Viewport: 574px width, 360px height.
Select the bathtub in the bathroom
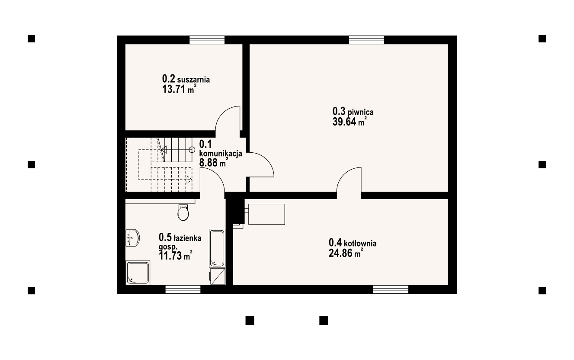[217, 248]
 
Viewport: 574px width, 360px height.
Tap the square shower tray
[138, 273]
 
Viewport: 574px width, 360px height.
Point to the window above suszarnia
[207, 40]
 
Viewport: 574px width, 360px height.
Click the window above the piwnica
[367, 40]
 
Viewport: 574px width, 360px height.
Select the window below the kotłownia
[391, 289]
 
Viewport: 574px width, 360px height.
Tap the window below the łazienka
[183, 289]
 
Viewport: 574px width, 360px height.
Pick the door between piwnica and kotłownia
[349, 182]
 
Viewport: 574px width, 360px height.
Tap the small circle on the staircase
[192, 149]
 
